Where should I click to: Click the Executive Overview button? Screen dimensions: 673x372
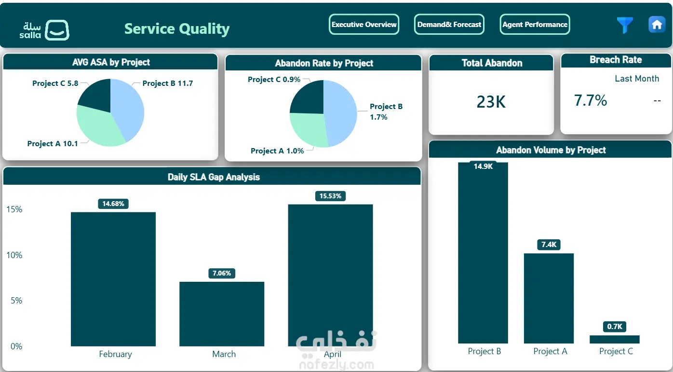364,24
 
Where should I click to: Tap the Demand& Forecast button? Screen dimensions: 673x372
449,24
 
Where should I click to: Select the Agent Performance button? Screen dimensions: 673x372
535,24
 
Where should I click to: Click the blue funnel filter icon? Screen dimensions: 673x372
625,25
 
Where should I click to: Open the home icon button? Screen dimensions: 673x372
657,24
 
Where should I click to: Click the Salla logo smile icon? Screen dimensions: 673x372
57,30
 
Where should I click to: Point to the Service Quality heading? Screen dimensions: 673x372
177,29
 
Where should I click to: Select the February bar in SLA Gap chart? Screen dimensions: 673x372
113,279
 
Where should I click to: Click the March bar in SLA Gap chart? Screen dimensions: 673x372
222,314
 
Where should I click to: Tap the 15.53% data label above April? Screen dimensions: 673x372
331,196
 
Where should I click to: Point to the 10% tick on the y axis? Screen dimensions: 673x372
14,255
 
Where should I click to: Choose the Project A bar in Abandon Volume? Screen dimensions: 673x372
549,298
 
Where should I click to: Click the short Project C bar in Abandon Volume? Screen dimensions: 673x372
614,339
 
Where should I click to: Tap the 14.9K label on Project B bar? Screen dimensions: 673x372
483,166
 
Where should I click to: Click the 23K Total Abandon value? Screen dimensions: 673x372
491,102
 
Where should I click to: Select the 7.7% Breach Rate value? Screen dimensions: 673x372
591,100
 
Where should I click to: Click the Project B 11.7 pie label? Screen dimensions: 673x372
168,83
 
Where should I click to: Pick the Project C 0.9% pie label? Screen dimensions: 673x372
274,80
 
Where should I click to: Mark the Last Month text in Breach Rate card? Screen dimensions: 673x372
637,79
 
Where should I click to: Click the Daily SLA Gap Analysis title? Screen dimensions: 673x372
214,177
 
